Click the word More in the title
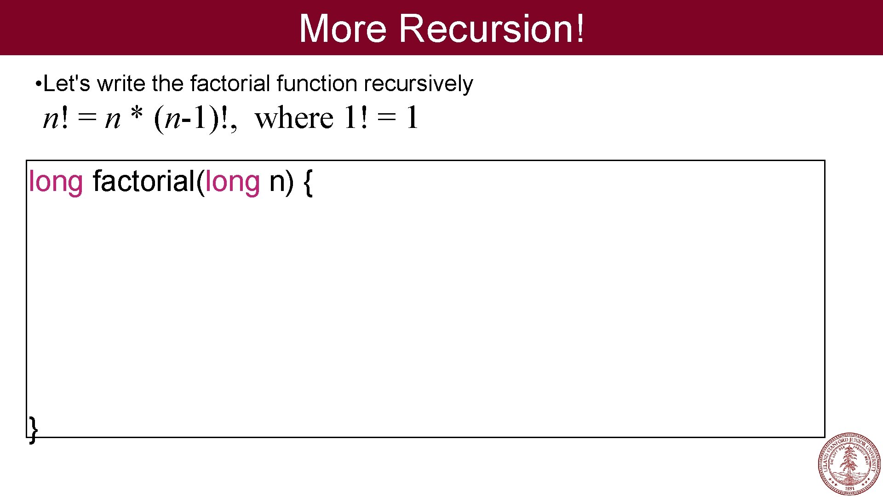pyautogui.click(x=343, y=29)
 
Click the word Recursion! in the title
pyautogui.click(x=492, y=29)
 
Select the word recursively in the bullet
pyautogui.click(x=418, y=84)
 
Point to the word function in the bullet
pyautogui.click(x=317, y=84)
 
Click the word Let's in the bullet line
pyautogui.click(x=67, y=84)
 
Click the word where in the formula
pyautogui.click(x=294, y=118)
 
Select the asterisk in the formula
pyautogui.click(x=137, y=115)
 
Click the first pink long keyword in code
pyautogui.click(x=56, y=182)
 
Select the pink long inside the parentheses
pyautogui.click(x=232, y=182)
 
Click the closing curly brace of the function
pyautogui.click(x=33, y=429)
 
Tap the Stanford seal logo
pyautogui.click(x=849, y=464)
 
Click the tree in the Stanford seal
pyautogui.click(x=849, y=461)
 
